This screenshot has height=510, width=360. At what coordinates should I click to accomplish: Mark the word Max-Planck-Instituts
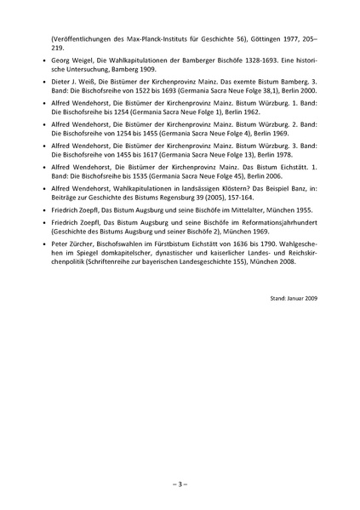[146, 40]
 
